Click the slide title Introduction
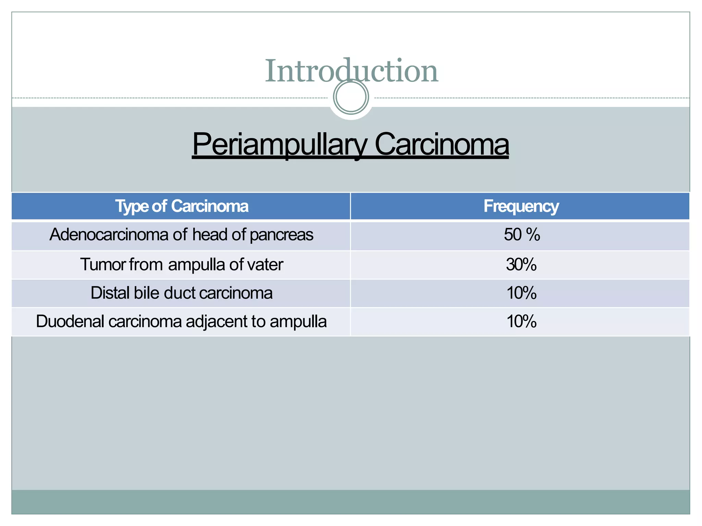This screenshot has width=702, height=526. (x=351, y=71)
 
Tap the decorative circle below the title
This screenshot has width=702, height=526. (x=351, y=97)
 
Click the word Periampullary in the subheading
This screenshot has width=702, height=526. (x=279, y=144)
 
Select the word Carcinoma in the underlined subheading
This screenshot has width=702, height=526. (x=441, y=144)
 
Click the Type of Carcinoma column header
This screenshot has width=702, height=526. (x=181, y=206)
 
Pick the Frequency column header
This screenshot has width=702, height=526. (x=521, y=206)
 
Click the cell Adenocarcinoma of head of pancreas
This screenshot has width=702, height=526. (x=181, y=235)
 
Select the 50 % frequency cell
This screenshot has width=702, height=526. (x=521, y=235)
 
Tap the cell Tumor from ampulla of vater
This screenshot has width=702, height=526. (x=181, y=264)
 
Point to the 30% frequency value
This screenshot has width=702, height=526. (x=521, y=264)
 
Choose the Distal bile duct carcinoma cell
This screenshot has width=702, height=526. (x=181, y=293)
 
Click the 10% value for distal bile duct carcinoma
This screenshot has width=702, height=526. (x=521, y=293)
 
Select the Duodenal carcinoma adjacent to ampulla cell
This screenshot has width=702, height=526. (x=181, y=322)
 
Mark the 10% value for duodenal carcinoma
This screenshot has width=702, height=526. (x=521, y=322)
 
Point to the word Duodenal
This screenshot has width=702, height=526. (x=70, y=322)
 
